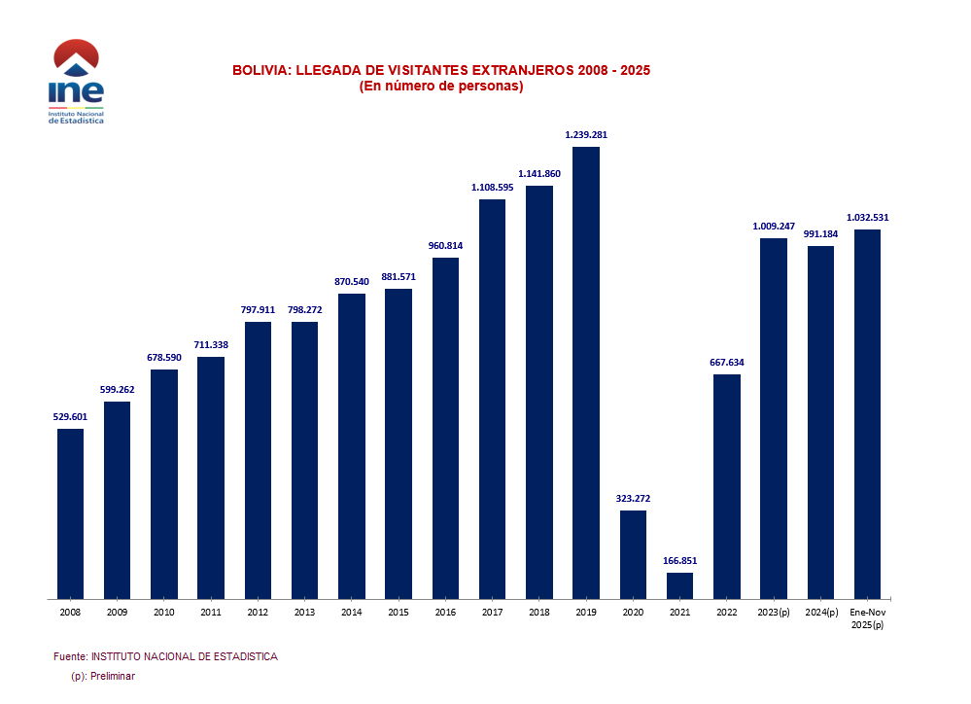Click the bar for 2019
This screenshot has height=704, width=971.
[586, 372]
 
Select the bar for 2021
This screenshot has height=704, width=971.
[680, 585]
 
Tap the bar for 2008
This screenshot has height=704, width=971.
[70, 513]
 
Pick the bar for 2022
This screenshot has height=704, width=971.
[727, 486]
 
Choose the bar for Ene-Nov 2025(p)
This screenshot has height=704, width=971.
[867, 414]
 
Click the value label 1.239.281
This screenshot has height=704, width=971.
[586, 135]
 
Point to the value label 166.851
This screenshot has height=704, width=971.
[680, 561]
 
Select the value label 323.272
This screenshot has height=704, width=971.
[633, 499]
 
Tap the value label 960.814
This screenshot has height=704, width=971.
[445, 246]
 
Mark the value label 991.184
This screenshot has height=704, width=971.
[820, 234]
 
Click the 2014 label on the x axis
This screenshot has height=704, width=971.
[352, 613]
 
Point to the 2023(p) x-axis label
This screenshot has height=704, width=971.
[774, 613]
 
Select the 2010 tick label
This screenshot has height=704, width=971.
[164, 613]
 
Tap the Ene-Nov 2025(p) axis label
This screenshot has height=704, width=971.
[867, 618]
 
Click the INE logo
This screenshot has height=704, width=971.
[76, 82]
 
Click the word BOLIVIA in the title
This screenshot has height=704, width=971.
[260, 71]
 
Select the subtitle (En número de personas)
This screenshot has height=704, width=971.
[441, 87]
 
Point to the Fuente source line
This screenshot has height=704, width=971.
[165, 656]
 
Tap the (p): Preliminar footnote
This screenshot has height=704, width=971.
[103, 676]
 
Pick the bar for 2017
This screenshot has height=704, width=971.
[492, 399]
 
